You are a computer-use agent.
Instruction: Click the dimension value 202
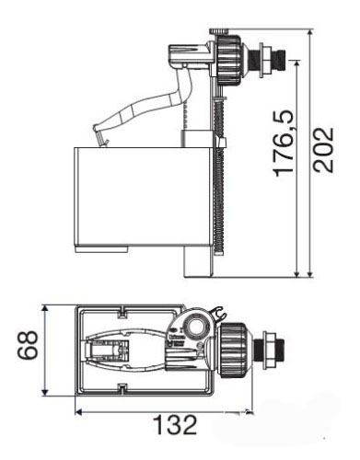click(324, 150)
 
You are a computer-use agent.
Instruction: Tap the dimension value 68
click(28, 345)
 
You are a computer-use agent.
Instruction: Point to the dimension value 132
click(175, 425)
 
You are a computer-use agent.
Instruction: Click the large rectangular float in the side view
click(144, 197)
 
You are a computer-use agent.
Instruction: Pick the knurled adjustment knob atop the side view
click(219, 31)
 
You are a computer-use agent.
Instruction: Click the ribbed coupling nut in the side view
click(228, 60)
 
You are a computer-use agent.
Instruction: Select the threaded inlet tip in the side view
click(281, 59)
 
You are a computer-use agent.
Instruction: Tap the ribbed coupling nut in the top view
click(233, 349)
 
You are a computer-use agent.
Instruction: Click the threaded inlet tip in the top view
click(279, 350)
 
